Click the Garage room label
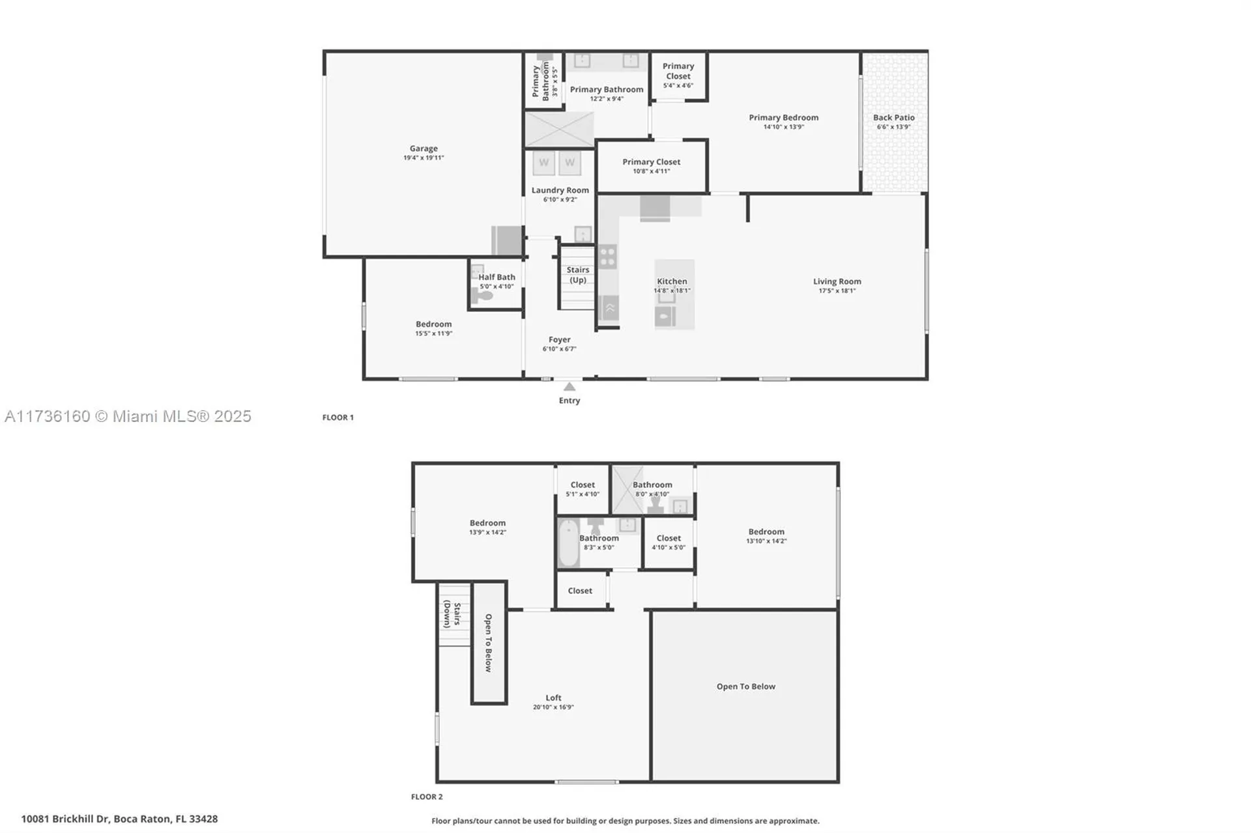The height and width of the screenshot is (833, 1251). click(x=424, y=148)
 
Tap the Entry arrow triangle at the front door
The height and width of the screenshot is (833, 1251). click(x=569, y=387)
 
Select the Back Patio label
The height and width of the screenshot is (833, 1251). click(x=893, y=118)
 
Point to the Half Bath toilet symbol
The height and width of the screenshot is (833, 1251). click(x=483, y=296)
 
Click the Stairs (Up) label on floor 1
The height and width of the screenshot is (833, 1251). click(x=577, y=275)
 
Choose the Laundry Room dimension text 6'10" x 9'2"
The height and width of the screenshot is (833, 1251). click(x=560, y=200)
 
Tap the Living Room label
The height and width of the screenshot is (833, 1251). click(x=837, y=281)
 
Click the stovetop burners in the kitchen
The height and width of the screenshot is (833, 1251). click(x=607, y=257)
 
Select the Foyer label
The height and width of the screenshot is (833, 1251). click(x=559, y=339)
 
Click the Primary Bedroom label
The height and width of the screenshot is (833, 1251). click(x=783, y=118)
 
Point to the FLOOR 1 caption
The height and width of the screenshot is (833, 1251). click(x=338, y=417)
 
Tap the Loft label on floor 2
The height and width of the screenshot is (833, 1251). click(x=553, y=698)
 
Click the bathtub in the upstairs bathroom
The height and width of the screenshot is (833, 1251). click(x=568, y=543)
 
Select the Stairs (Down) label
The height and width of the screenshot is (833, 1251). click(x=452, y=614)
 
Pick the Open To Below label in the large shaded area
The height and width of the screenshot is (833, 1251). click(x=745, y=686)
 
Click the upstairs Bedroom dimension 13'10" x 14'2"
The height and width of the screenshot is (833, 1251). click(x=766, y=541)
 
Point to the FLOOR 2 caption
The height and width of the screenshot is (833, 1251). click(x=426, y=797)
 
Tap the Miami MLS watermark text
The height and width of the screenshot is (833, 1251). click(x=128, y=416)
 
